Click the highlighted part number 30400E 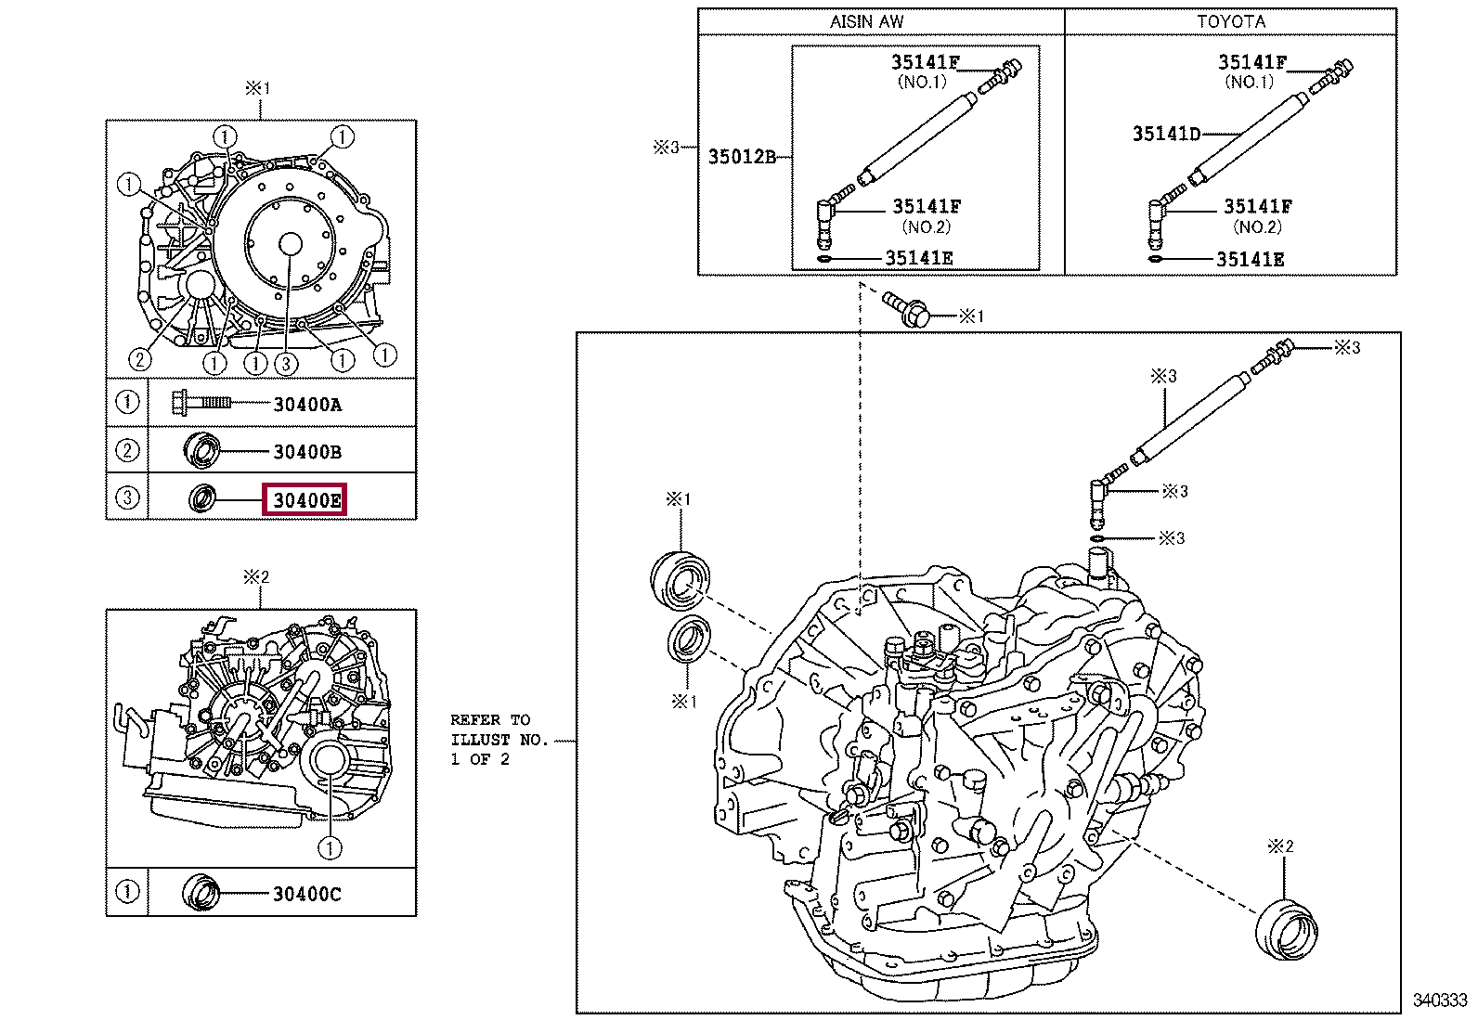(305, 501)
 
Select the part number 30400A (306, 405)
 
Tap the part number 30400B (306, 452)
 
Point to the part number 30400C (306, 894)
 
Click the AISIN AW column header (866, 21)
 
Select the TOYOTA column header (1230, 21)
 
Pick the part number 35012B (742, 157)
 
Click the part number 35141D (1165, 134)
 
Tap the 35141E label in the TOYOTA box (1250, 260)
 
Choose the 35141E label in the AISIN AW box (918, 259)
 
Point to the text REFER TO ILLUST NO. (499, 740)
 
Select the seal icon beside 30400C (201, 892)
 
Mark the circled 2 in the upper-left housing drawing (139, 359)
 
